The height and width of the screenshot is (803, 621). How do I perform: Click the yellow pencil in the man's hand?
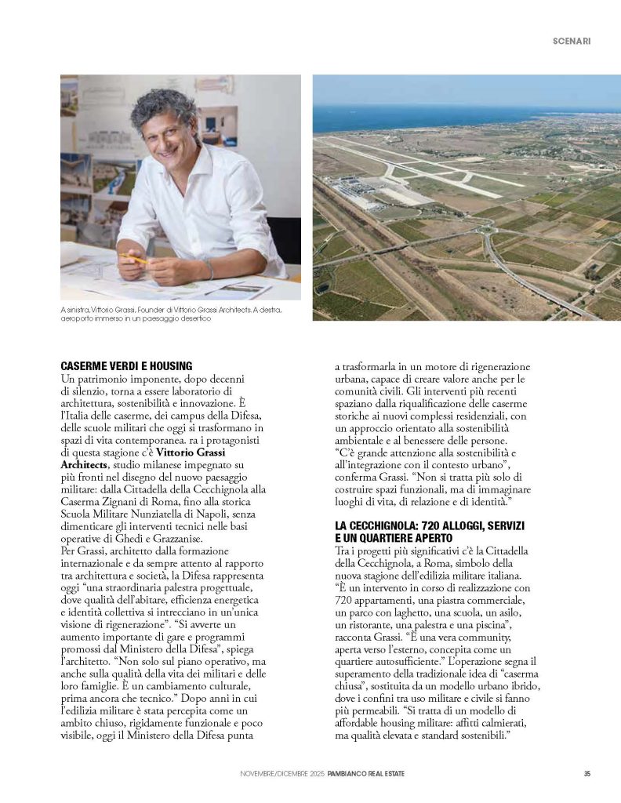point(135,256)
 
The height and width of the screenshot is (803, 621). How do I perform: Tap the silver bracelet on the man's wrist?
point(209,270)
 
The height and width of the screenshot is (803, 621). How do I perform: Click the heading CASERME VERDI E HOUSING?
point(126,366)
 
